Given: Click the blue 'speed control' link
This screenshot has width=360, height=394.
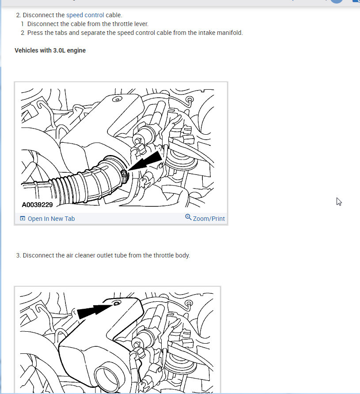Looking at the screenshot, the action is click(x=85, y=15).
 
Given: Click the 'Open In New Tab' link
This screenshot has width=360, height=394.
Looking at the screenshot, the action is click(x=51, y=219).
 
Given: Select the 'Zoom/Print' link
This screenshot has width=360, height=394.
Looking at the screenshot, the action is click(x=209, y=219).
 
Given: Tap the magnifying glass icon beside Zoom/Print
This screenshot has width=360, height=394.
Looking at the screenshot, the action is click(x=188, y=217).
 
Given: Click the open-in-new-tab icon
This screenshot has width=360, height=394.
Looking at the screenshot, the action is click(x=23, y=218).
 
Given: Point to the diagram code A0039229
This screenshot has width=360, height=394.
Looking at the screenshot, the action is click(x=37, y=205).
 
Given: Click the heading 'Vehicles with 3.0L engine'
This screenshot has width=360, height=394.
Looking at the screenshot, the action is click(x=50, y=50).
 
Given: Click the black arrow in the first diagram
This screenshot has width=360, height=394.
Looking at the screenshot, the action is click(x=145, y=161).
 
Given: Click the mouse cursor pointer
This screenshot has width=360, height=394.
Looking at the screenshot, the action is click(x=339, y=201).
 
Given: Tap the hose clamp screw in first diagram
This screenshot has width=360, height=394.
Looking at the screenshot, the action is click(x=124, y=174).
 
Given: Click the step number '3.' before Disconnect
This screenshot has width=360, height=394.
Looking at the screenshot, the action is click(x=19, y=255).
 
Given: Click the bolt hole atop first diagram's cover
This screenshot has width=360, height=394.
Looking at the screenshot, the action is click(x=117, y=99).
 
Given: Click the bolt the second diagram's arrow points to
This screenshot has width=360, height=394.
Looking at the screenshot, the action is click(x=117, y=303).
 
